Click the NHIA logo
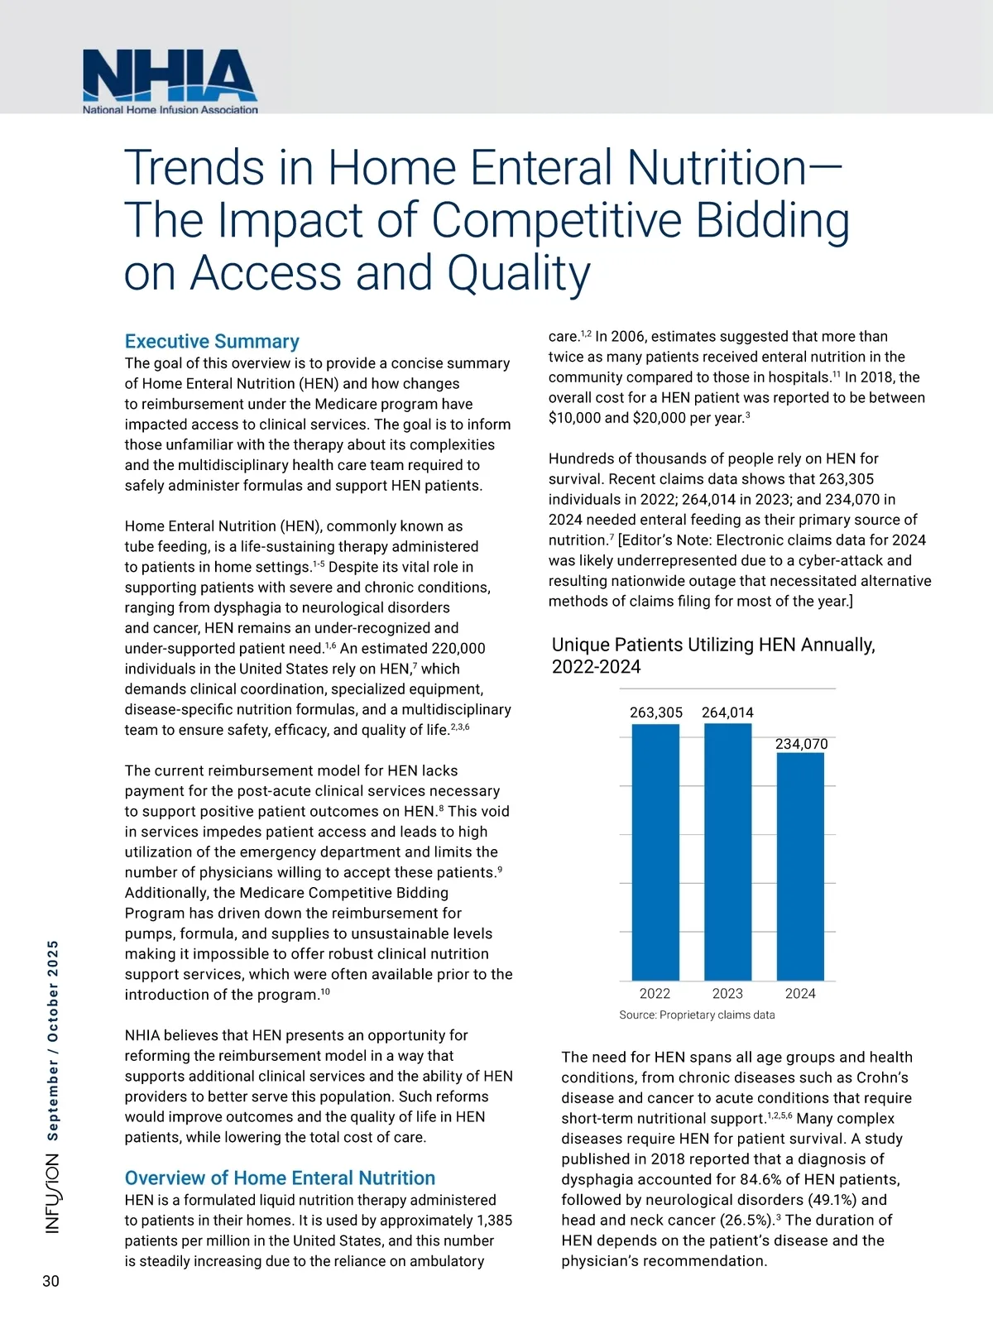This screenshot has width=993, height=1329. click(170, 81)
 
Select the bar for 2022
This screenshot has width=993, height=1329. click(655, 852)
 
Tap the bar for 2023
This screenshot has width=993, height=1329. click(727, 852)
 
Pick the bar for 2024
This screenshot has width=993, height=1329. click(800, 866)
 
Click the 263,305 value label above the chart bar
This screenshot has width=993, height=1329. click(656, 712)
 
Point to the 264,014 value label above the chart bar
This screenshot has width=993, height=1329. click(727, 712)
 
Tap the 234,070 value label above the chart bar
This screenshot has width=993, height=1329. click(801, 744)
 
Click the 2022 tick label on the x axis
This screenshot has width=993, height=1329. click(655, 993)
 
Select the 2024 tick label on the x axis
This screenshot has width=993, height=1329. click(800, 993)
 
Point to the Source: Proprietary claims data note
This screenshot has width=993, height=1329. click(697, 1015)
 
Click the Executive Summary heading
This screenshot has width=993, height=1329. click(212, 341)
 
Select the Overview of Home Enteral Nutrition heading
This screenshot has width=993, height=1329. click(280, 1178)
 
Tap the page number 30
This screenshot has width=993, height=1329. click(50, 1281)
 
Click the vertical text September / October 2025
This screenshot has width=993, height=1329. click(52, 1040)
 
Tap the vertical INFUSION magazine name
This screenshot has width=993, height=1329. click(52, 1194)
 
